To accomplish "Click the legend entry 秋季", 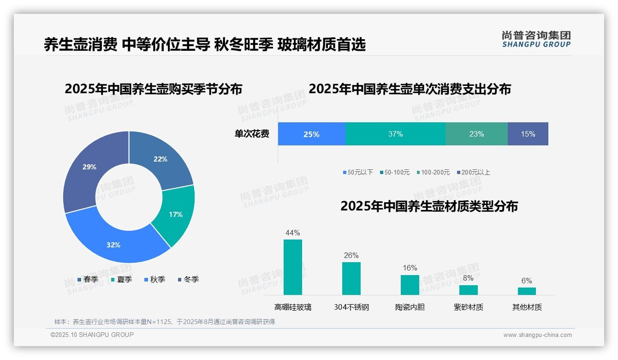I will pos(154,280).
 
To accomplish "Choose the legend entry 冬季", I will pos(188,280).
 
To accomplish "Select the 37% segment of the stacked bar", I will pos(395,134).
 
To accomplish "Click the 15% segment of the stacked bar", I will pos(528,134).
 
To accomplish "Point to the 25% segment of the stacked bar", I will pos(311,134).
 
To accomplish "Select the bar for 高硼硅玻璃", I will pos(292,267).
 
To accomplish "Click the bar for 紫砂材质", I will pos(468,290).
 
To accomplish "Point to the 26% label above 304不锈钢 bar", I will pos(351,256).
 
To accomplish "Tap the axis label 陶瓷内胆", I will pos(410,307).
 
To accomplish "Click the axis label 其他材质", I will pos(527,307).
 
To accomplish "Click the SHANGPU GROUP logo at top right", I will pos(536,39).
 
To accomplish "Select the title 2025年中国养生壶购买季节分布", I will pos(153,89).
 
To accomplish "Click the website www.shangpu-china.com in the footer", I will pos(537,335).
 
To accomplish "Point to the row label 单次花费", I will pos(252,134).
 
